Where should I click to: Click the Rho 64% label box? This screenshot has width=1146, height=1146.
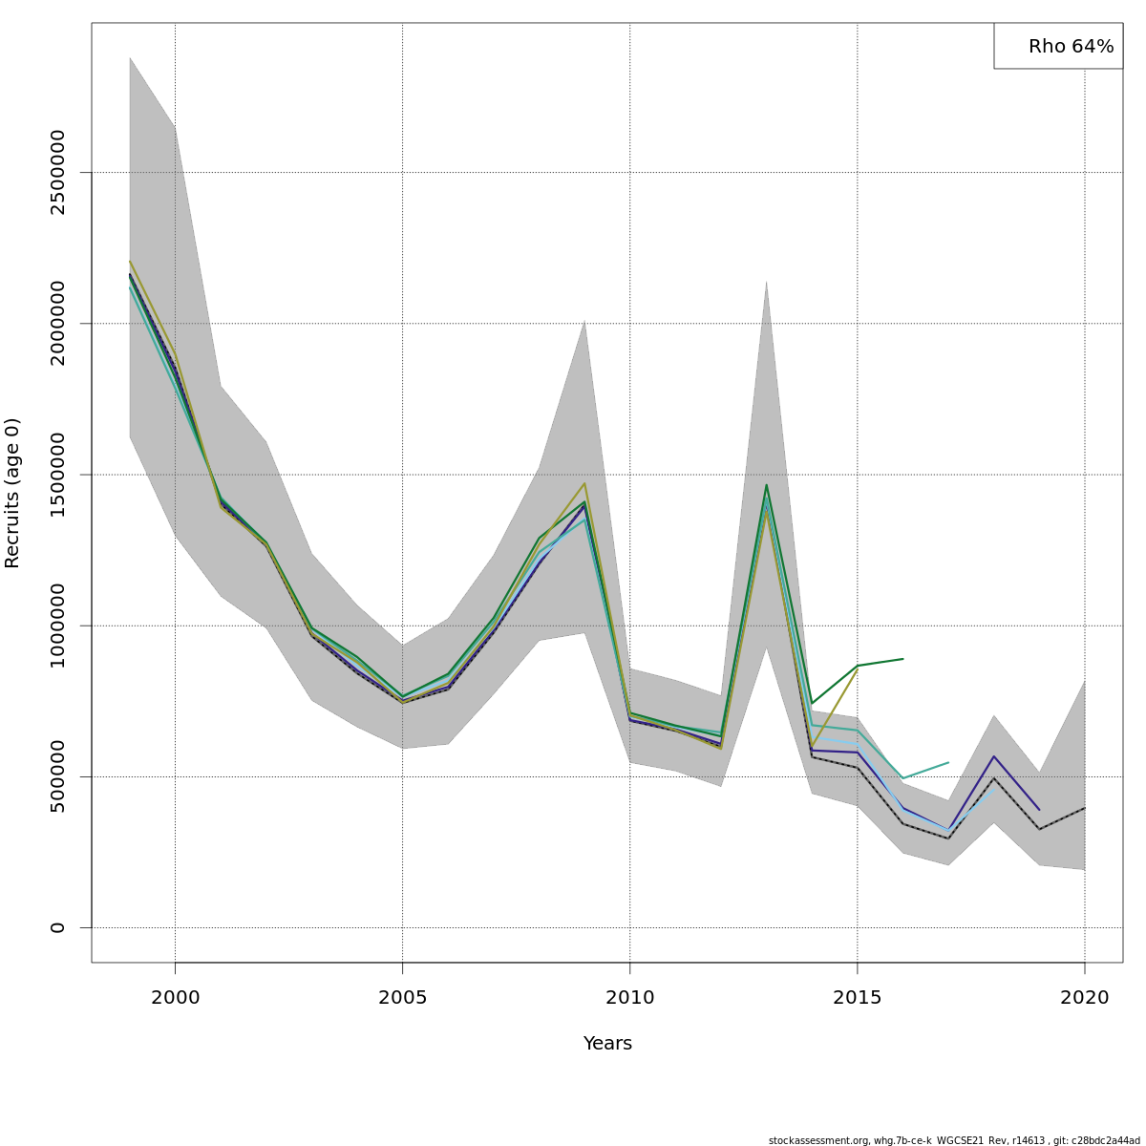point(1058,46)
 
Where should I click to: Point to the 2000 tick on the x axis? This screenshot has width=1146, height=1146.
point(175,998)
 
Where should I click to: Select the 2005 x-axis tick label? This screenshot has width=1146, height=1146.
point(402,998)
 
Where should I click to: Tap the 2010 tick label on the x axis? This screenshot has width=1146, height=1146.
point(629,998)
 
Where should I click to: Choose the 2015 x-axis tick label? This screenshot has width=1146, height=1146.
point(857,998)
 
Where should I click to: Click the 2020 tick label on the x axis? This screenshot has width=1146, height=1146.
point(1085,998)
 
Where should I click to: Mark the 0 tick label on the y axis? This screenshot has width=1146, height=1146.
point(58,927)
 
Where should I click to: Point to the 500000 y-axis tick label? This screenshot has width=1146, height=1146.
point(58,776)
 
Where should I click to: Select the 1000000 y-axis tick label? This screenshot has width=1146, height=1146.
point(58,626)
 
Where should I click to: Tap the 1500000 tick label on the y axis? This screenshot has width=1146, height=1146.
point(58,475)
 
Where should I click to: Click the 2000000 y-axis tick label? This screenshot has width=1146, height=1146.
point(58,323)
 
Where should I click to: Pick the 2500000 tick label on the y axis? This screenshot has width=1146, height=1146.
point(58,172)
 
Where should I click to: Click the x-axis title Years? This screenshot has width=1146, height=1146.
point(607,1044)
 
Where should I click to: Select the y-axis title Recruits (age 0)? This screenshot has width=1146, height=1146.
point(12,493)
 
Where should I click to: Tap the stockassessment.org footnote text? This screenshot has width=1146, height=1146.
point(954,1140)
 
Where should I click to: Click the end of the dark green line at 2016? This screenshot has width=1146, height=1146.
point(902,658)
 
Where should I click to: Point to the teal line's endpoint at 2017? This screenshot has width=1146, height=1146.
point(948,762)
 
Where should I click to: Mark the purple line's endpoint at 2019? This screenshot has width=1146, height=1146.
point(1039,810)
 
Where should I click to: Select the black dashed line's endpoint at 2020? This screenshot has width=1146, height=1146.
point(1085,808)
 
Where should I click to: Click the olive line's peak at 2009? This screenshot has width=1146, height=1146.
point(584,483)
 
